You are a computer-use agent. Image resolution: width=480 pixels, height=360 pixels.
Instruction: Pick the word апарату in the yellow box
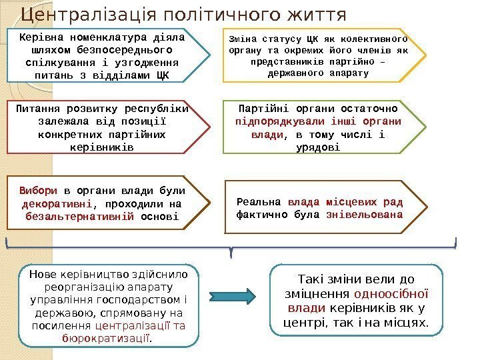pos(350,73)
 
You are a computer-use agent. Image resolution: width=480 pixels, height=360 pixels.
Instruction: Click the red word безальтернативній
pos(80,216)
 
